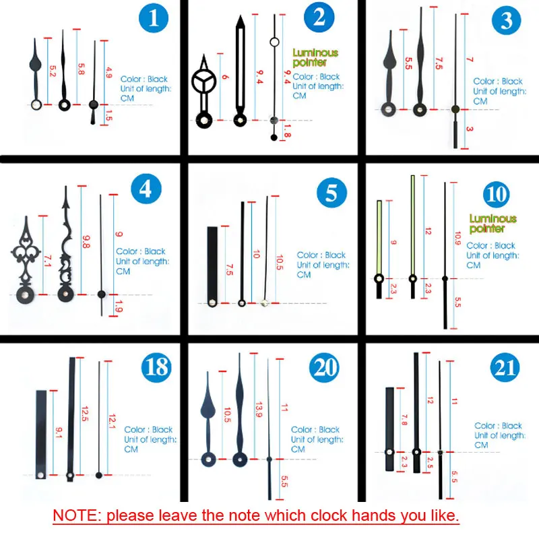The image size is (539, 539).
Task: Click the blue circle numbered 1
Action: (x=154, y=18)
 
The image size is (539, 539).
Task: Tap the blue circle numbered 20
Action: (x=324, y=367)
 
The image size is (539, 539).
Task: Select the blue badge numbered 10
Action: (x=496, y=194)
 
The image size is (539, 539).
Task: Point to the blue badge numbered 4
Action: (x=146, y=189)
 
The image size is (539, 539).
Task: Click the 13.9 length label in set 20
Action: (x=259, y=410)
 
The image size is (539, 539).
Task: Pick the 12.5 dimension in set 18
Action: (x=85, y=414)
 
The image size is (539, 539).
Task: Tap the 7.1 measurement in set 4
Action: (x=48, y=261)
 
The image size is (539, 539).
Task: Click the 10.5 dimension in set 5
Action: (x=280, y=262)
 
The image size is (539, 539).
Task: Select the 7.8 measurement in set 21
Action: (x=404, y=420)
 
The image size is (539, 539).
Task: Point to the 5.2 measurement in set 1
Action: (x=53, y=71)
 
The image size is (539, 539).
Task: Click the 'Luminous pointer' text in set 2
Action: (x=315, y=57)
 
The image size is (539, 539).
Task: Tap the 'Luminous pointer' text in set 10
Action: (x=493, y=224)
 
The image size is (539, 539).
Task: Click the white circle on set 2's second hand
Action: (x=274, y=42)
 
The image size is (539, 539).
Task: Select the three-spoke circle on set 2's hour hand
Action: (x=204, y=82)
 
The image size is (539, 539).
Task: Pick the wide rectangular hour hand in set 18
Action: (x=41, y=435)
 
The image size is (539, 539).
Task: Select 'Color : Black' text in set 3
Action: (x=498, y=82)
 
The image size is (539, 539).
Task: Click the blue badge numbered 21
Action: (x=505, y=367)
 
